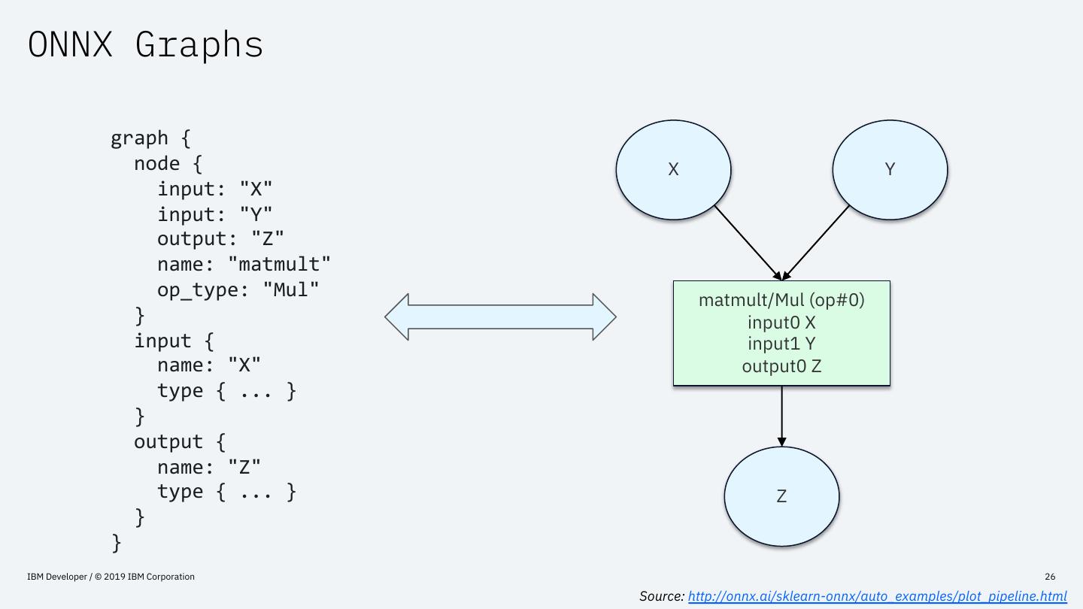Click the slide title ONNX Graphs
145,45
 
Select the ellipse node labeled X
673,170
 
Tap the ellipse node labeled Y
890,170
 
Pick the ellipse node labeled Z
781,496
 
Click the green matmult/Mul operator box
781,333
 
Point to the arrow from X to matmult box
748,243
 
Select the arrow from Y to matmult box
815,243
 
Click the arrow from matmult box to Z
781,417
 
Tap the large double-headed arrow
500,317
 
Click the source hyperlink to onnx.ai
877,596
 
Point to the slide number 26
1050,577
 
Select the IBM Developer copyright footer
111,577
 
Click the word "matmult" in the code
280,265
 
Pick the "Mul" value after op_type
291,290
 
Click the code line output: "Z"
220,239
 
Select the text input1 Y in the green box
781,344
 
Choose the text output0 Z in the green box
781,366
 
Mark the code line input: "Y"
214,214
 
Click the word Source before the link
661,596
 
